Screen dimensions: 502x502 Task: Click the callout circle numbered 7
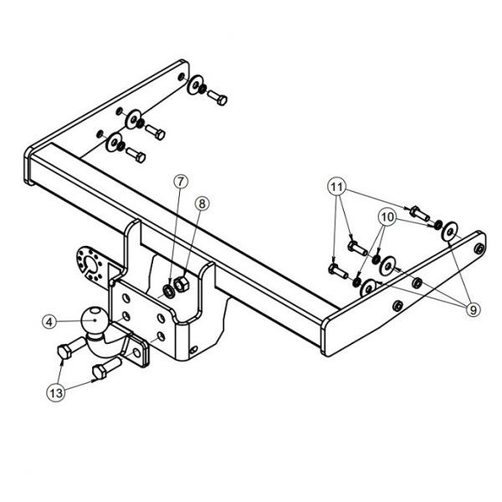pos(181,182)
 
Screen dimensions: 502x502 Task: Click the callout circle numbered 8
pos(202,203)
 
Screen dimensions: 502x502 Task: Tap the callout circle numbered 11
pos(336,187)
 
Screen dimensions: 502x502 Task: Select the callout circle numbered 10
pos(387,218)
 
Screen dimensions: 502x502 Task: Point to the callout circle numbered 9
pos(474,310)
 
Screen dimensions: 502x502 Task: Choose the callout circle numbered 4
pos(49,322)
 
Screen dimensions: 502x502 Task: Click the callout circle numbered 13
pos(56,392)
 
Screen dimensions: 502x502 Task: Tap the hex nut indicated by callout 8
pos(182,284)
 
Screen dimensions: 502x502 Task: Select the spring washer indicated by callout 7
pos(167,290)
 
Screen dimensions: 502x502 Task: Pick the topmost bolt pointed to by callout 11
pos(419,213)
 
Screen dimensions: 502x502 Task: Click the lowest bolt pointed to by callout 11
pos(338,271)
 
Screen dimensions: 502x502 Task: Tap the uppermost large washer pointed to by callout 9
pos(449,231)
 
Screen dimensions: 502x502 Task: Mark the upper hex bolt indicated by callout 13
pos(72,347)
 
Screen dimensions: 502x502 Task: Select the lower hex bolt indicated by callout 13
pos(107,368)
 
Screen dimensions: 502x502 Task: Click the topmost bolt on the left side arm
pos(218,97)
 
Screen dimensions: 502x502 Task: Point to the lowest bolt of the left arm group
pos(136,155)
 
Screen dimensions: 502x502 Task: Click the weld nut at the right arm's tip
pos(479,248)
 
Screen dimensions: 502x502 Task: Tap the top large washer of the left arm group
pos(195,85)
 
